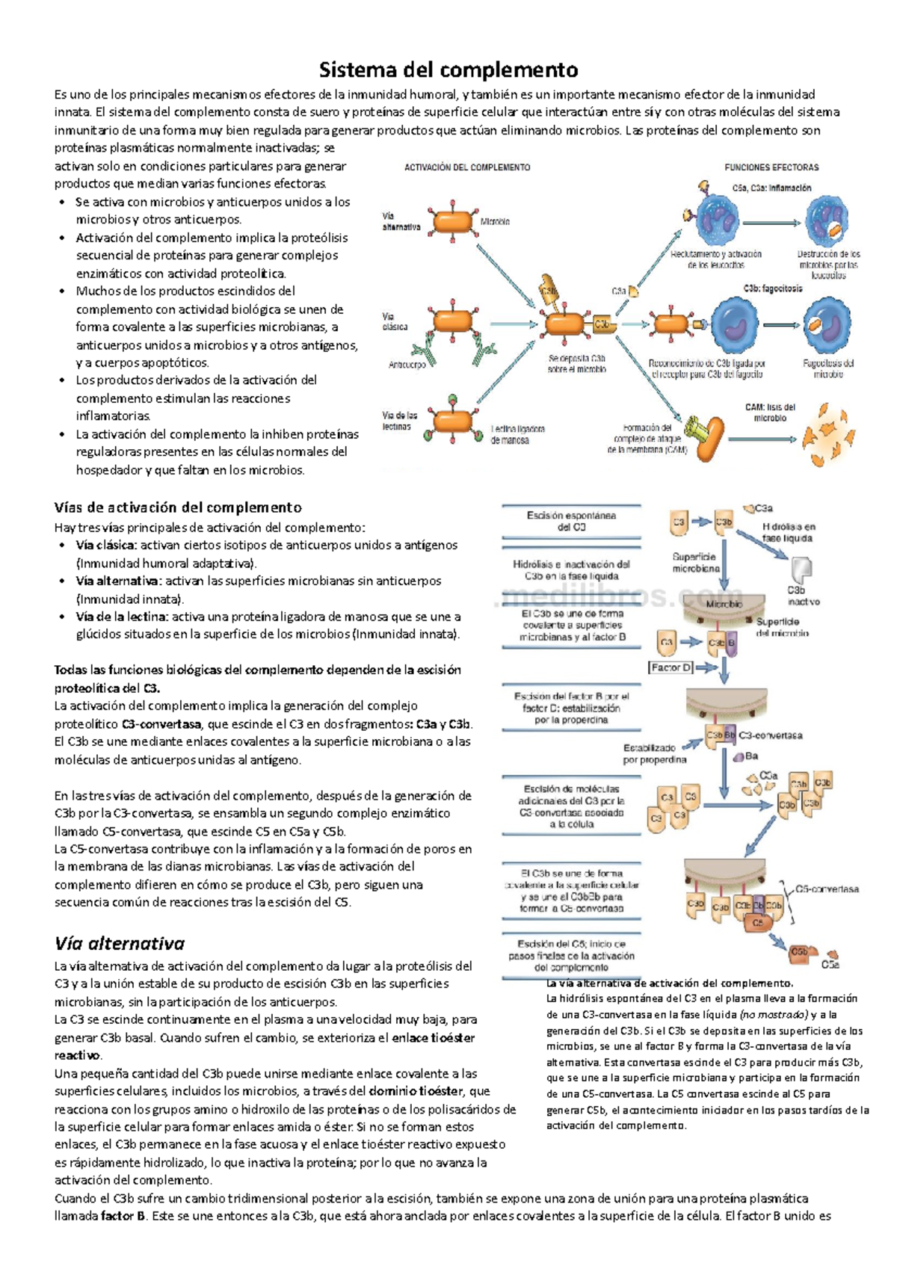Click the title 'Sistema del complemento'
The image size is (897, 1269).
coord(449,70)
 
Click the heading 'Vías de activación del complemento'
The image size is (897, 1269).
coord(178,507)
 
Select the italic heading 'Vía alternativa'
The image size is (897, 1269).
coord(120,943)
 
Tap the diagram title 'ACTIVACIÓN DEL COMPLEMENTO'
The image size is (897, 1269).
coord(467,167)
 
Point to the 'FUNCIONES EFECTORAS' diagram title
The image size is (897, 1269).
coord(771,167)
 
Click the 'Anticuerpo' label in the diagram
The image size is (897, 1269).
coord(407,365)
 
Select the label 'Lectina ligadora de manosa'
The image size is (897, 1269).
coord(517,435)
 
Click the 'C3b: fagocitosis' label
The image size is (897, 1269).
coord(773,288)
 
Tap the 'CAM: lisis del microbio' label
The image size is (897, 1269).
coord(770,413)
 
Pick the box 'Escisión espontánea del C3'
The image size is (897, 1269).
coord(571,521)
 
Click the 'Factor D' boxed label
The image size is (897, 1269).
coord(671,667)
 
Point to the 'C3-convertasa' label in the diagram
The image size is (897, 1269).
coord(770,735)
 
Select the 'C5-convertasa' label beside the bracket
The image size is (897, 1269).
coord(827,889)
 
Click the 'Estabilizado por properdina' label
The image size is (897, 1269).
coord(654,753)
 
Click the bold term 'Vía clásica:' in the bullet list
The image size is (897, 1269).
coord(106,546)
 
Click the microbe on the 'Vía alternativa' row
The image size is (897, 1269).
coord(452,222)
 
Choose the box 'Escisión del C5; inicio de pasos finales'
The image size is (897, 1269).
coord(571,955)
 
